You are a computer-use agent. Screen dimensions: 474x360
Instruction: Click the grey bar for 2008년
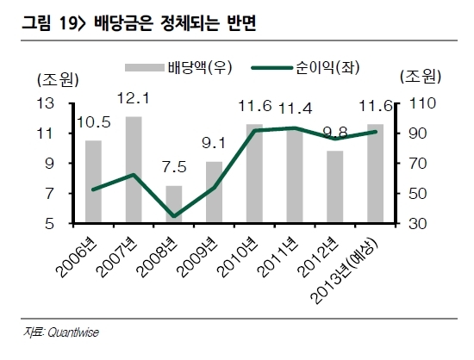coord(174,204)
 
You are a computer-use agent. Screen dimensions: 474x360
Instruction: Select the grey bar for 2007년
coord(134,170)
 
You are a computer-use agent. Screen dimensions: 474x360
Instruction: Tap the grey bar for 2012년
coord(335,187)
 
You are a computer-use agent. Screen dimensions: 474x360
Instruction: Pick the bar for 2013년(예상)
coord(376,174)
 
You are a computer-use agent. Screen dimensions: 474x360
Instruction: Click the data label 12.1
coord(134,98)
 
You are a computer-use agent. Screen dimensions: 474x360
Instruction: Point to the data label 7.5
coord(174,167)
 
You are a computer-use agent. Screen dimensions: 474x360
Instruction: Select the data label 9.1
coord(214,143)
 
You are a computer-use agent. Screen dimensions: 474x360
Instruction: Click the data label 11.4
coord(295,109)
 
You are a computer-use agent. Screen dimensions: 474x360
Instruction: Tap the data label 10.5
coord(93,122)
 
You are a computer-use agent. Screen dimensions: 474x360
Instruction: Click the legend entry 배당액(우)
coord(178,67)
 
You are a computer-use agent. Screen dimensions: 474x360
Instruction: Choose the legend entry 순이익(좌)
coord(306,67)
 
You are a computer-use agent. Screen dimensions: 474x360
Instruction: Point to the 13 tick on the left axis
coord(46,103)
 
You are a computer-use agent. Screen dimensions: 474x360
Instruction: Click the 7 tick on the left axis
coord(50,194)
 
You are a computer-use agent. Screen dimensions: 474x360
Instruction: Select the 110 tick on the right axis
coord(422,103)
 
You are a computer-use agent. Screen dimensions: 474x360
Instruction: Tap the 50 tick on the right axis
coord(418,194)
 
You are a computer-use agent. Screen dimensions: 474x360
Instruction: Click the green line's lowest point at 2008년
coord(174,216)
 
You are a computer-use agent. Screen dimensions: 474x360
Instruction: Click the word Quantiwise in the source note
coord(73,332)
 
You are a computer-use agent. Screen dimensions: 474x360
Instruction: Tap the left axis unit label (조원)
coord(58,80)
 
